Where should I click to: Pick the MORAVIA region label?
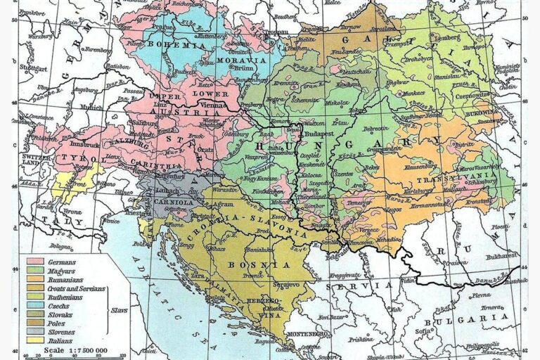245,60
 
